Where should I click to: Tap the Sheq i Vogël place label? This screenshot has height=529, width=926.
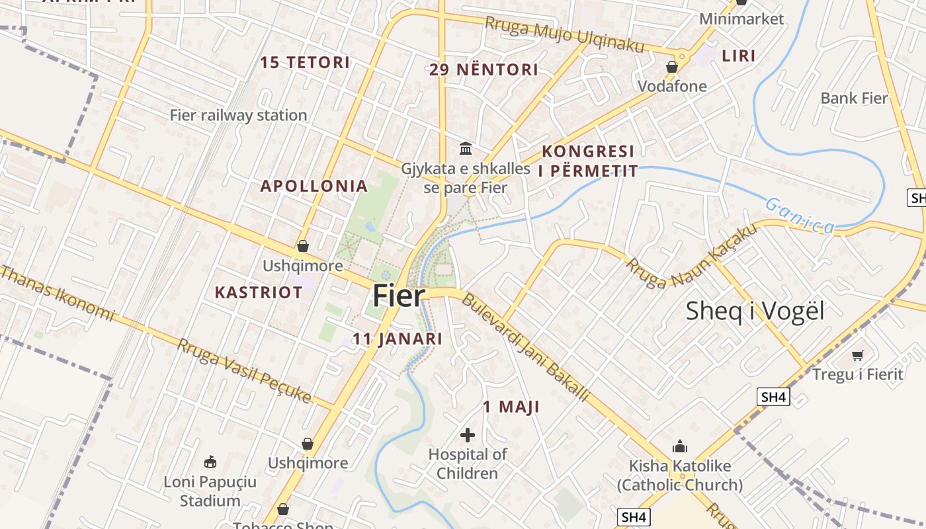[755, 310]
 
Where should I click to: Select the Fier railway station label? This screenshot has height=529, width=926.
[238, 115]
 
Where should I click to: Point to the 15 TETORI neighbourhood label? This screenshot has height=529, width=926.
[304, 63]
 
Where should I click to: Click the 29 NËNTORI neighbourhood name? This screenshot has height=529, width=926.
[484, 69]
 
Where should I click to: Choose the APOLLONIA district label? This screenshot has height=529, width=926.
[314, 186]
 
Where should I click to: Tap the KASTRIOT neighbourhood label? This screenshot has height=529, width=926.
[259, 292]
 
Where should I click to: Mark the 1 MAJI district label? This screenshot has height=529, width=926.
[511, 407]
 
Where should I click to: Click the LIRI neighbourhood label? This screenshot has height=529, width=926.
[738, 56]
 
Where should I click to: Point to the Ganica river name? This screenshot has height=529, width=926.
[800, 216]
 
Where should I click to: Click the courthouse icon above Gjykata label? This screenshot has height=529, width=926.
[466, 147]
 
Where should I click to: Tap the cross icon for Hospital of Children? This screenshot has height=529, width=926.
[468, 434]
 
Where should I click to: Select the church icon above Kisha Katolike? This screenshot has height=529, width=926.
[679, 446]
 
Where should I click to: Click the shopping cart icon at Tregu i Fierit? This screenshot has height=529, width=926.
[858, 355]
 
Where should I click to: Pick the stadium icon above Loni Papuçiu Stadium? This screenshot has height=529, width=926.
[210, 462]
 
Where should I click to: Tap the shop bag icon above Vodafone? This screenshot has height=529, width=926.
[672, 67]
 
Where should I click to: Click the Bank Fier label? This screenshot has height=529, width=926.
[853, 99]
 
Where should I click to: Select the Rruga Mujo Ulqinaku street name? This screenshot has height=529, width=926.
[564, 34]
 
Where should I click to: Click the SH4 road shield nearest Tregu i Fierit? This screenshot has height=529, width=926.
[773, 397]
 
